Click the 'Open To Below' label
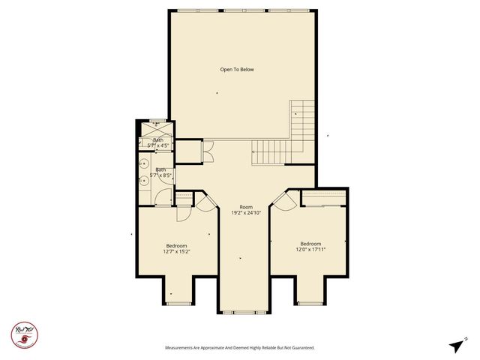[237, 70]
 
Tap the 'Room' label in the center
[246, 206]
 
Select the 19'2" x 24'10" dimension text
[246, 213]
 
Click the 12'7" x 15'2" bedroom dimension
[177, 251]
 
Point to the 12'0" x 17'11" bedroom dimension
[310, 250]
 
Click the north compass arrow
[456, 345]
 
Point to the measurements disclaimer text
[239, 348]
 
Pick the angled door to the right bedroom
[282, 199]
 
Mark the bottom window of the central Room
[244, 311]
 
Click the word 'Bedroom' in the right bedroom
[310, 244]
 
